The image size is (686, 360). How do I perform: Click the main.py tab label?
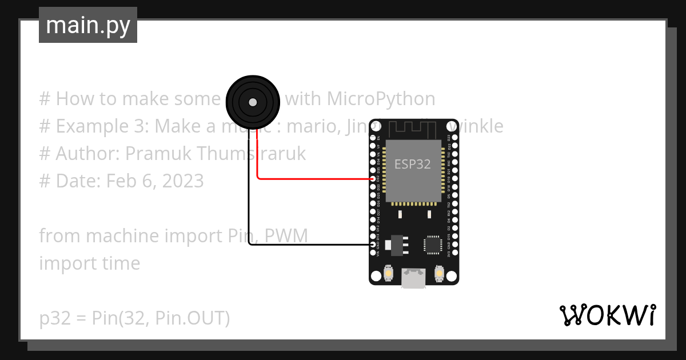coord(87,25)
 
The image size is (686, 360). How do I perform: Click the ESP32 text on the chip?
coord(413,164)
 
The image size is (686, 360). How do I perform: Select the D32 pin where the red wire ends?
coord(373,179)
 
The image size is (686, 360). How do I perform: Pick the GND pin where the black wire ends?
coord(373,245)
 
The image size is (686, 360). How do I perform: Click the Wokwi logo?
coord(607,315)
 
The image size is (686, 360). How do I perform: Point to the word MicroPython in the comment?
coord(381,99)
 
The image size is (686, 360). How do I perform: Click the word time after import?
coord(119,263)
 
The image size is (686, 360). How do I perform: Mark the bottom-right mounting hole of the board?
coord(452,277)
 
